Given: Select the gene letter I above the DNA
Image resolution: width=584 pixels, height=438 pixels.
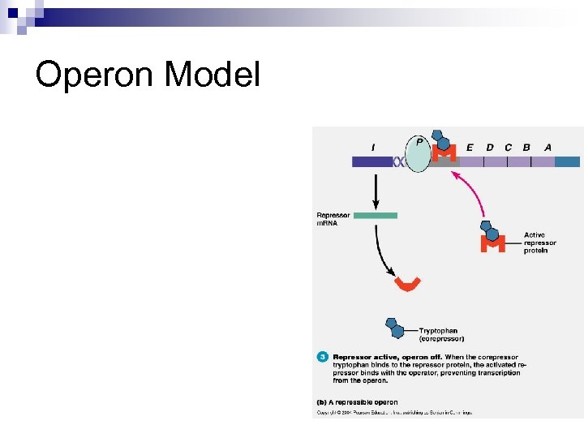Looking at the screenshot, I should coord(372,147).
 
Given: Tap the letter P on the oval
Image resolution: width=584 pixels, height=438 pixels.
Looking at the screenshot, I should coord(419,142).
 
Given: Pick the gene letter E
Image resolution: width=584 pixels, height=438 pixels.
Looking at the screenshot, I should coord(470,148).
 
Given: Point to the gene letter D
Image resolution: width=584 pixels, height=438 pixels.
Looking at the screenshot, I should coord(489,148).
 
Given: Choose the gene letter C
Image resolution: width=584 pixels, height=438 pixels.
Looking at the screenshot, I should coord(508,148).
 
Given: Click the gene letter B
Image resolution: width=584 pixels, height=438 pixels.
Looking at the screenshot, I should coord(526,148).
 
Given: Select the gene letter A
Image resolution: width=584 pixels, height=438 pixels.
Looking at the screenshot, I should coord(548,148).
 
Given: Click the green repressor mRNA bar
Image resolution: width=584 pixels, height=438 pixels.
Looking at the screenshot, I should coord(376,215).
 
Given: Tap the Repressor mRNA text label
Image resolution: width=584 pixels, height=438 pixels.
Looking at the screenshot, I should coord(333,219).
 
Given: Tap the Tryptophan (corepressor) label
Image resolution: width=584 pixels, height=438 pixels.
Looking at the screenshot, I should coord(441,334).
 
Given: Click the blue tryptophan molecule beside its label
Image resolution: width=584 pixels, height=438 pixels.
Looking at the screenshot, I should coord(395,328).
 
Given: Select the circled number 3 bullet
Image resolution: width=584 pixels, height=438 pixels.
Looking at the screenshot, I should coord(322,357).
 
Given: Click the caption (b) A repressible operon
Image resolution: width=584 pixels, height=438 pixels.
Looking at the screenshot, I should coord(357,401).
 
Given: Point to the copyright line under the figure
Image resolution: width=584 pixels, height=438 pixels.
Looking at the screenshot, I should coord(393,412).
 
